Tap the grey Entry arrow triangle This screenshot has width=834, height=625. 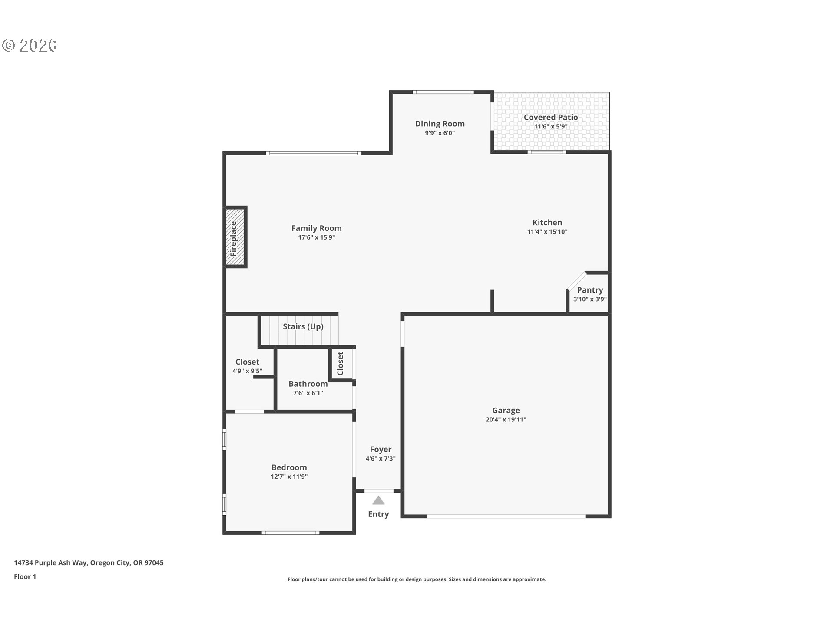378,500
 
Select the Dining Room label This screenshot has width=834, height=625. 440,124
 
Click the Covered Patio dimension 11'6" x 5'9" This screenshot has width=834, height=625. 551,127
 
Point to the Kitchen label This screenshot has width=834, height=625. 547,222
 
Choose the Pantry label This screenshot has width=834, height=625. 590,290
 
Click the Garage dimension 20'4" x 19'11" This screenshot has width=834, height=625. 506,420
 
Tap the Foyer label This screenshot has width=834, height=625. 381,449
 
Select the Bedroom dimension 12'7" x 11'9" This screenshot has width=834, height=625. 289,477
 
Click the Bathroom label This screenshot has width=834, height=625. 308,384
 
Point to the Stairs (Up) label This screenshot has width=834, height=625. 303,326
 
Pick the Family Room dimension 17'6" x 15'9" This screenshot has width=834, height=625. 317,237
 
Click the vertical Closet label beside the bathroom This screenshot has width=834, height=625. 340,364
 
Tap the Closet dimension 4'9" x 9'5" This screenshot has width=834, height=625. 247,371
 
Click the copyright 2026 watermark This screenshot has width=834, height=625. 29,45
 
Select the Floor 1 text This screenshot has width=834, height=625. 25,576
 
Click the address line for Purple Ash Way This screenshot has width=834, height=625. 89,563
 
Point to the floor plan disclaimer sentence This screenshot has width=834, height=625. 417,579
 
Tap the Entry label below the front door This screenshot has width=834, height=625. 378,514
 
